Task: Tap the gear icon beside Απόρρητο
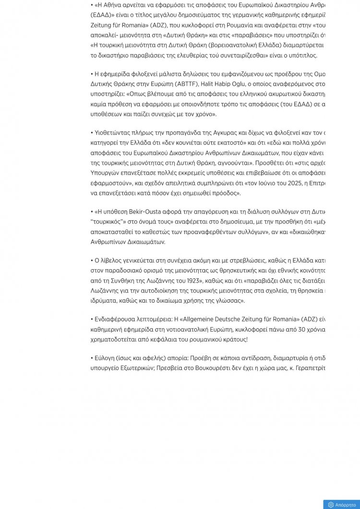(331, 505)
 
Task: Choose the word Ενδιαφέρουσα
(116, 319)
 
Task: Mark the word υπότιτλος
(302, 56)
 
